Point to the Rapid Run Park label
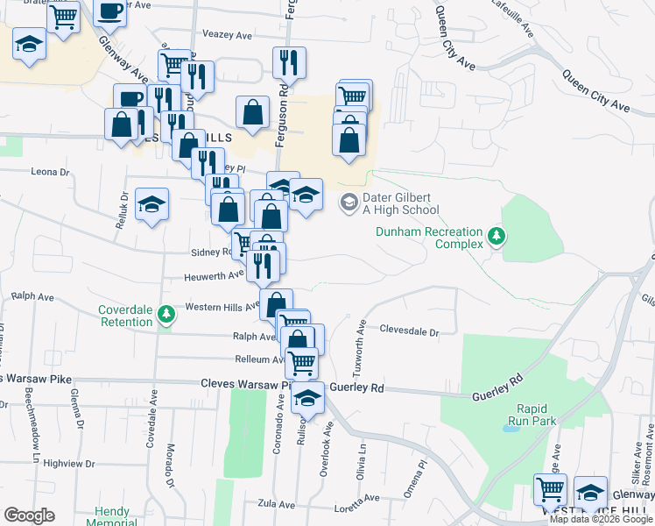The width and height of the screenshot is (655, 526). click(537, 415)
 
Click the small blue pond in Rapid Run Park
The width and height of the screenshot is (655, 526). click(511, 430)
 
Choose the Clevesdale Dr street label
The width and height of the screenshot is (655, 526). click(409, 331)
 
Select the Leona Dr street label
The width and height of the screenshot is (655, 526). click(50, 172)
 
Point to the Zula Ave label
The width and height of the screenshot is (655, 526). click(274, 504)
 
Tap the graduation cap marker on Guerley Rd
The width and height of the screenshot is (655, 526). click(307, 397)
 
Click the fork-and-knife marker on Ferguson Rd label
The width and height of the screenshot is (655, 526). click(288, 62)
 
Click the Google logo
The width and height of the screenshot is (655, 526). click(29, 515)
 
